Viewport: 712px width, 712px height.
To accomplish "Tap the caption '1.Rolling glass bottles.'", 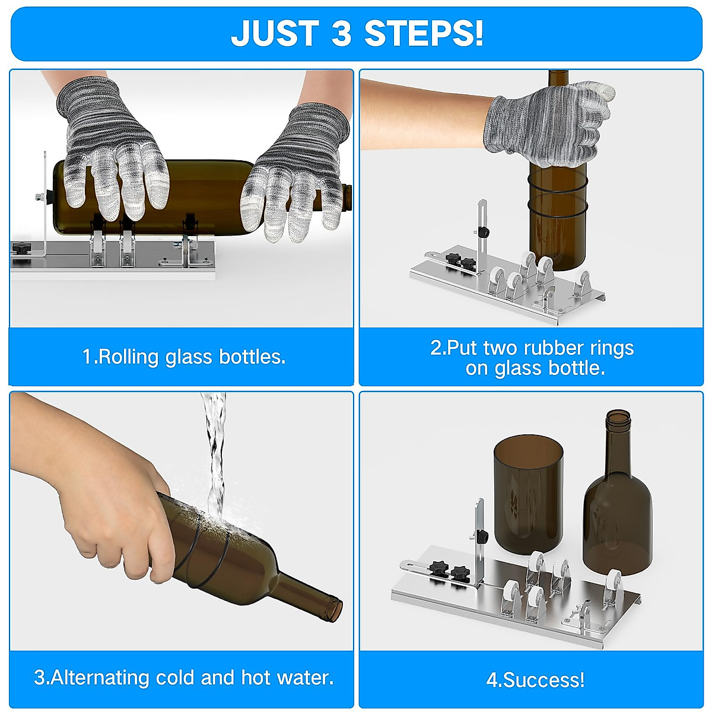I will [x=184, y=357].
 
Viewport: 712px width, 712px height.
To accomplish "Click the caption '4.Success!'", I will [x=535, y=679].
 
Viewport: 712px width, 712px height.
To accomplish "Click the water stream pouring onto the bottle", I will [x=214, y=451].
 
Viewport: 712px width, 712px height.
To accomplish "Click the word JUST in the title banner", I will [x=275, y=33].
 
